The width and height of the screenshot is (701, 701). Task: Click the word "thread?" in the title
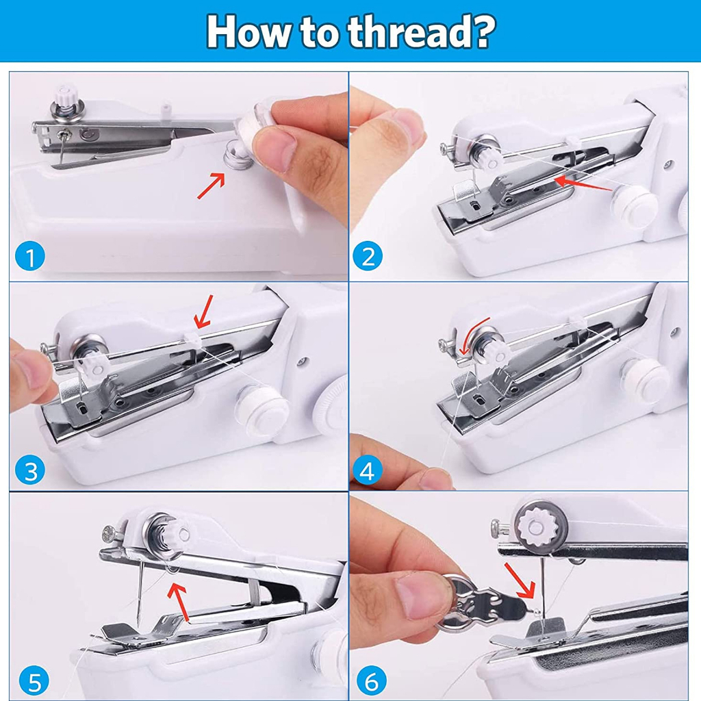[x=422, y=31]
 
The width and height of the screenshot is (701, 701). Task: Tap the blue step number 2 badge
[x=368, y=257]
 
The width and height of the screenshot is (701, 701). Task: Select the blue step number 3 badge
[x=30, y=470]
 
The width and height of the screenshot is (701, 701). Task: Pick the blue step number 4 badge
[x=368, y=470]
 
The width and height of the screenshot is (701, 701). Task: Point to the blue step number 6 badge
[x=371, y=682]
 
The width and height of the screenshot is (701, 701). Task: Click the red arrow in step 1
[x=211, y=186]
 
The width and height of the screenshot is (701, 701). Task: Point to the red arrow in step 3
[x=204, y=311]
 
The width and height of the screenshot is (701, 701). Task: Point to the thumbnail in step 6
[x=421, y=595]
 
